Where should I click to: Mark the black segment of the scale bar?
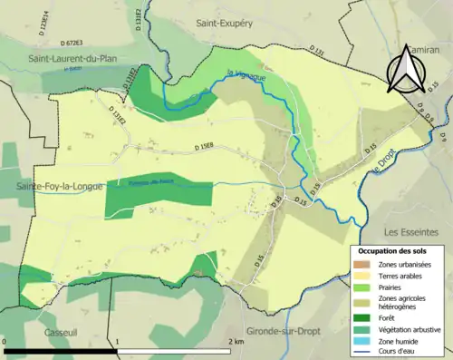pyautogui.click(x=60, y=350)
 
